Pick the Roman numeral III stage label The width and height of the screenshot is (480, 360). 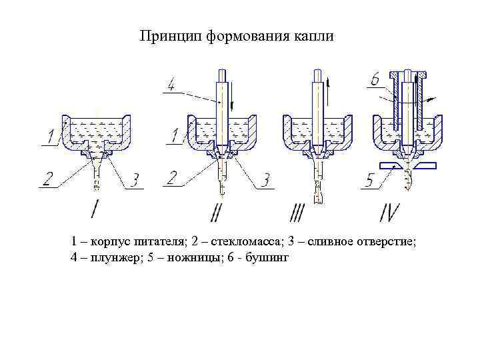pyautogui.click(x=297, y=213)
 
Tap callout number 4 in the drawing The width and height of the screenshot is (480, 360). pyautogui.click(x=171, y=85)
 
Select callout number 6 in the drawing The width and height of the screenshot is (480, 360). pyautogui.click(x=375, y=81)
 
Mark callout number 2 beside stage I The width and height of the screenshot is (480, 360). pyautogui.click(x=48, y=179)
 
